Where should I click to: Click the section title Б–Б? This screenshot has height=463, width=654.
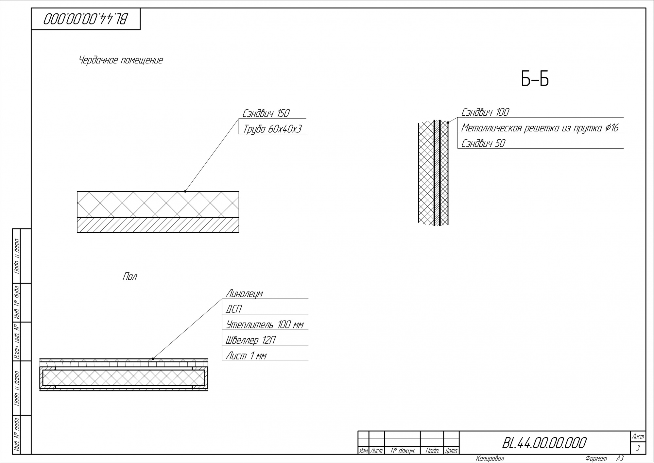pyautogui.click(x=535, y=79)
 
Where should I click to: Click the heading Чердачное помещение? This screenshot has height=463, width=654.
pyautogui.click(x=121, y=60)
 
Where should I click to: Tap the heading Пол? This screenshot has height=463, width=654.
pyautogui.click(x=130, y=277)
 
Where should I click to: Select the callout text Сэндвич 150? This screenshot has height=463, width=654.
pyautogui.click(x=266, y=113)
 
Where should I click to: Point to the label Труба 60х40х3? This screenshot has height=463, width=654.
pyautogui.click(x=272, y=129)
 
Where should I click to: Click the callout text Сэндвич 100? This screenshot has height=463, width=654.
pyautogui.click(x=485, y=112)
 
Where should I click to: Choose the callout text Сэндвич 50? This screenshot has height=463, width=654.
pyautogui.click(x=483, y=143)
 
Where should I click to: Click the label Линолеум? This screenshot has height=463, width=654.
pyautogui.click(x=244, y=293)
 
